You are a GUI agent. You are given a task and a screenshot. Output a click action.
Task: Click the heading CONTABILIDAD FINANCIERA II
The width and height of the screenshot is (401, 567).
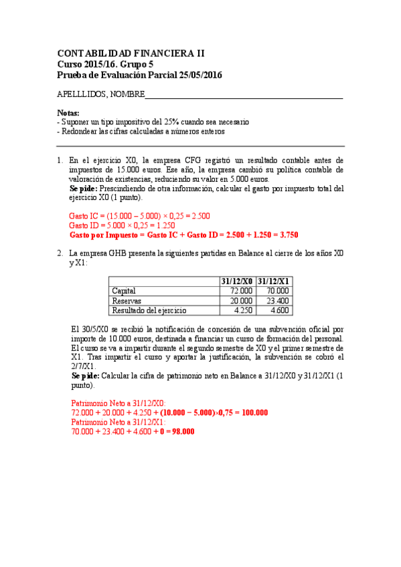(x=131, y=53)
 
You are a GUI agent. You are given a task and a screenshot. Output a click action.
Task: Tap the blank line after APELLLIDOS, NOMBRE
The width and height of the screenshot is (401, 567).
(x=244, y=95)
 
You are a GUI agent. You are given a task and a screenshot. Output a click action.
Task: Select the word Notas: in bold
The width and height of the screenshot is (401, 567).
(x=68, y=113)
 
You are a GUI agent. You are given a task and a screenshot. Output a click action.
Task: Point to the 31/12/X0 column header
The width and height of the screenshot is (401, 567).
(x=237, y=281)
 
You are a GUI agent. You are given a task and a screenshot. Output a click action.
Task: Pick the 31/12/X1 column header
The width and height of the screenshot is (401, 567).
(x=273, y=281)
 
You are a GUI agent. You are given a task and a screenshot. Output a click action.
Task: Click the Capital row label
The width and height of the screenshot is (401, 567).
(x=124, y=291)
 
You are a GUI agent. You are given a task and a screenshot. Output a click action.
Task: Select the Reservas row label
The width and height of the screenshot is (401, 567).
(x=127, y=301)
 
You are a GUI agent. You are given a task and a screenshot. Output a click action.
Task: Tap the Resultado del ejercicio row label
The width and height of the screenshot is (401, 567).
(x=149, y=310)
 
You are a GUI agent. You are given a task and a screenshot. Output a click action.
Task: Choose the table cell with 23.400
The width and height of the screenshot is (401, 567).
(x=276, y=301)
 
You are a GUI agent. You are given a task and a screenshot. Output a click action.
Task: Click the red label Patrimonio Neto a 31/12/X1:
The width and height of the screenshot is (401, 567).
(x=118, y=422)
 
